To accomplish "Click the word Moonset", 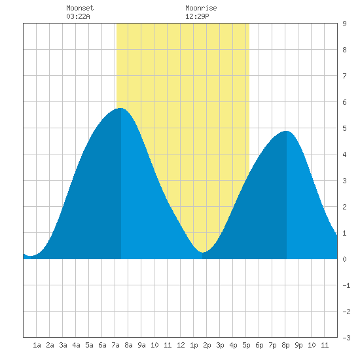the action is click(80, 8).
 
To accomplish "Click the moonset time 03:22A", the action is click(78, 16).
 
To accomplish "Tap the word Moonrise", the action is click(201, 8).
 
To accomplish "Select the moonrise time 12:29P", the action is click(197, 16).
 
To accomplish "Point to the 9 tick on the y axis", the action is click(344, 24).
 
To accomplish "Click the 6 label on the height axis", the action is click(344, 102).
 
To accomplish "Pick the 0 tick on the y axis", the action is click(344, 259).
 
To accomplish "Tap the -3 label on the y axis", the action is click(346, 338).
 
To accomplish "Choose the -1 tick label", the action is click(346, 285).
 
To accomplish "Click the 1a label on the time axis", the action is click(37, 345).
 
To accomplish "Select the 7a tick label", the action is click(115, 345).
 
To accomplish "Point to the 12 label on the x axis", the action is click(181, 345).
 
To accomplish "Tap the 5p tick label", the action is click(246, 345).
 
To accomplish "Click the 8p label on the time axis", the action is click(285, 345).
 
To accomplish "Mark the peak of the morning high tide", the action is click(120, 108).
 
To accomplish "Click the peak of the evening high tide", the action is click(286, 131).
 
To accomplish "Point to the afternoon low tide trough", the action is click(203, 252).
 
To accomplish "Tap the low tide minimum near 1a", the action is click(31, 256).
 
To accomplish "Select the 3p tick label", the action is click(220, 345).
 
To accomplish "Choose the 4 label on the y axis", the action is click(344, 154).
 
